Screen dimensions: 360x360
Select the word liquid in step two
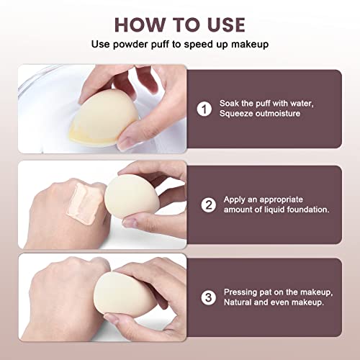coord(271,210)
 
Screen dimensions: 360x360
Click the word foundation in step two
coord(305,210)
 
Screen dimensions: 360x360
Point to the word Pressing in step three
coord(242,292)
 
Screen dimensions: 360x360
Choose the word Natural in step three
coord(240,303)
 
